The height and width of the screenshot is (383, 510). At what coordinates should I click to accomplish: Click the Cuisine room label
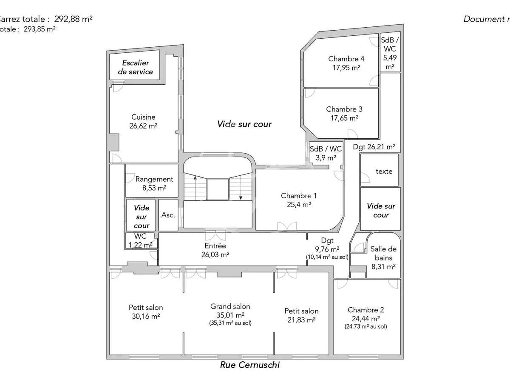coord(143,117)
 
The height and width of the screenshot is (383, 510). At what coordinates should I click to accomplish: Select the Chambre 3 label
coord(344,109)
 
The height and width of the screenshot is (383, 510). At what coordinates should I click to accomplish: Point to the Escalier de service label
coord(135,67)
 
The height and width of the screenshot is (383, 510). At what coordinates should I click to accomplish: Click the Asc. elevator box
coord(168,215)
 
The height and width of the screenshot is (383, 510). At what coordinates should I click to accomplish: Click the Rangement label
coord(154,179)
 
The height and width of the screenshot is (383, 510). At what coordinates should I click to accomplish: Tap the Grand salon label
coord(230,306)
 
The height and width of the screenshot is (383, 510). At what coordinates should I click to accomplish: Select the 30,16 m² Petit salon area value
coord(146,316)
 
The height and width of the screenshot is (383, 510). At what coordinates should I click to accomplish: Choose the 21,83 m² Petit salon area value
coord(301,320)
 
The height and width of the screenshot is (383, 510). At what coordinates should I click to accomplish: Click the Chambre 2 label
coord(363,310)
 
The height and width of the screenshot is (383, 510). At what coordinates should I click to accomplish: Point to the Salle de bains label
coord(383,253)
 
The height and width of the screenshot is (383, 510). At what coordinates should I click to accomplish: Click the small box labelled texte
coord(384,171)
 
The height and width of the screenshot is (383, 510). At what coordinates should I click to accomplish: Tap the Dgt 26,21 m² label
coord(374,147)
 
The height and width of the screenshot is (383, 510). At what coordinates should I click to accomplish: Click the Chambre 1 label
coord(299,196)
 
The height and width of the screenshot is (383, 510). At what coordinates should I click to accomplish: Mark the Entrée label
coord(215,246)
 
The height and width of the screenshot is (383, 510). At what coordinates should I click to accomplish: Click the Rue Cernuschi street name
coord(250,365)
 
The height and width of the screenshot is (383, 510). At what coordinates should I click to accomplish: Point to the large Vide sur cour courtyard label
coord(244,124)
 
